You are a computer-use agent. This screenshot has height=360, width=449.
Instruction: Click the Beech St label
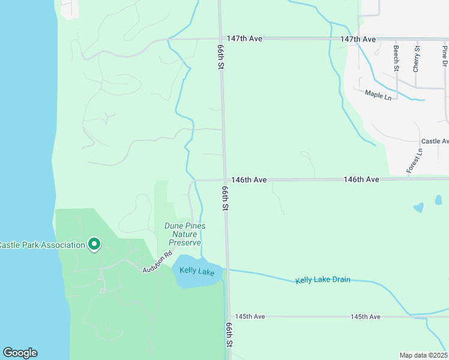(396, 58)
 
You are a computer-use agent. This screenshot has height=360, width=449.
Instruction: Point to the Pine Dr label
(445, 56)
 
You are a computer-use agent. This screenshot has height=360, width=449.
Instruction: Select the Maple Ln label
(378, 94)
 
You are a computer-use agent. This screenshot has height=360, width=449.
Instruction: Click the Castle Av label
(435, 142)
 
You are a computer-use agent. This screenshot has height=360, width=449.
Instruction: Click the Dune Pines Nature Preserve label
(185, 234)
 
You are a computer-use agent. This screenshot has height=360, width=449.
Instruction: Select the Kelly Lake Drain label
(323, 280)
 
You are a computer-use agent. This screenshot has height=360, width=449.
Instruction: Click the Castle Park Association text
(42, 245)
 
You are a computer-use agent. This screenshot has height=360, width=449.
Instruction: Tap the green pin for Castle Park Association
(94, 244)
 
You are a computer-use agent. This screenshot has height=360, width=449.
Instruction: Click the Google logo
(20, 353)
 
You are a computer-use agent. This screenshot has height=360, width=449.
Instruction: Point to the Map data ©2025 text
(424, 355)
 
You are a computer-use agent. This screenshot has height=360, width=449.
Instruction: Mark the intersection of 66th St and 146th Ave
(225, 179)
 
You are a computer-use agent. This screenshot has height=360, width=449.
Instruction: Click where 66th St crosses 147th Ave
(220, 39)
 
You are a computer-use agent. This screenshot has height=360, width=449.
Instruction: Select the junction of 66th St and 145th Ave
(228, 316)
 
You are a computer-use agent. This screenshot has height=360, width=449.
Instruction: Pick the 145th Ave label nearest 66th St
(250, 316)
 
